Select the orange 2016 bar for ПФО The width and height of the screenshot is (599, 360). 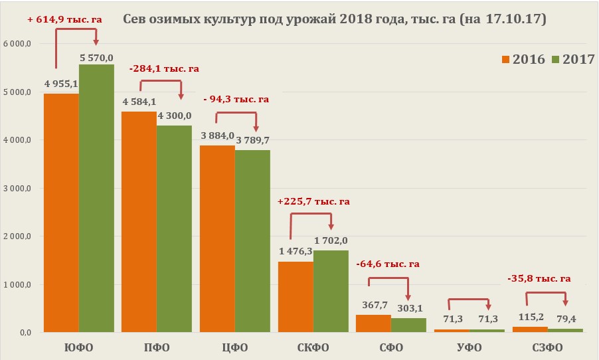(139, 222)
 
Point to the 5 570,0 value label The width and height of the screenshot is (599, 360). (97, 58)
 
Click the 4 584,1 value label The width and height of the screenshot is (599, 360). (139, 102)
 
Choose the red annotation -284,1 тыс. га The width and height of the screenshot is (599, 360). (165, 68)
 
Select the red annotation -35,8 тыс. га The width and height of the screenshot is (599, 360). (539, 278)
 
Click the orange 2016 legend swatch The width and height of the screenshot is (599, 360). (506, 59)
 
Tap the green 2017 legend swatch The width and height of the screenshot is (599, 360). (556, 59)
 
